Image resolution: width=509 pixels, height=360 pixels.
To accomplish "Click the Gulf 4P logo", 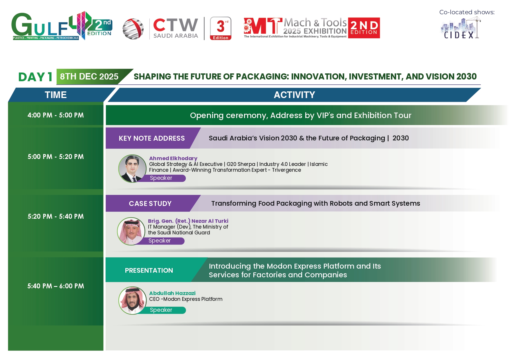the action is [x=62, y=26].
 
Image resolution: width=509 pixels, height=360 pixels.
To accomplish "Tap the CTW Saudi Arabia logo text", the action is [x=176, y=28].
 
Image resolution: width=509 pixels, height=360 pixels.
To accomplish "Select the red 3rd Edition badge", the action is [x=221, y=28].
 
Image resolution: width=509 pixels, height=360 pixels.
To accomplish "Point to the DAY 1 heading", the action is [x=35, y=77].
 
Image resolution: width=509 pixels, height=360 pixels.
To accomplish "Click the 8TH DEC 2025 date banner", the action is [x=89, y=77].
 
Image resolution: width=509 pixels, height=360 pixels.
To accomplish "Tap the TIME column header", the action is [x=56, y=95].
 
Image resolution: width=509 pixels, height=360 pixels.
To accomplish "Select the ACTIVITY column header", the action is [x=294, y=95].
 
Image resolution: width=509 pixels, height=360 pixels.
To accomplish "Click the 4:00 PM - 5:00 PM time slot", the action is [x=56, y=115].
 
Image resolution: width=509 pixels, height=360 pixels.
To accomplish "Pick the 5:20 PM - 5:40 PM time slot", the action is [x=56, y=216].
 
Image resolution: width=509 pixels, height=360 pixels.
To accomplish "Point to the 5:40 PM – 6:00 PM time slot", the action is [x=56, y=286].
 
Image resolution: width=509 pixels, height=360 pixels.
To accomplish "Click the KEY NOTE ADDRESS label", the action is [x=152, y=138].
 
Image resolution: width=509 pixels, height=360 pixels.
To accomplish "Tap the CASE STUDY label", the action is [x=150, y=204].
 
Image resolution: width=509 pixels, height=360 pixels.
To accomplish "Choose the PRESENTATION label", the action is [x=149, y=270].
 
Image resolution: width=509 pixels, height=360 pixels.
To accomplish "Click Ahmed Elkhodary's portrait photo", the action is [x=132, y=169].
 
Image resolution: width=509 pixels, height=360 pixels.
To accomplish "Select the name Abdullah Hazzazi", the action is [x=172, y=293].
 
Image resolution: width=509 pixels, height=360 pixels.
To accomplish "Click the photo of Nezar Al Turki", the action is [x=131, y=231].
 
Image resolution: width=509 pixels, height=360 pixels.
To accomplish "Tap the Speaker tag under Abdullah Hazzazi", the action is [x=161, y=310].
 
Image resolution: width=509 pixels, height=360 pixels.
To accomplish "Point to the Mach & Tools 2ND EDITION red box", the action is [x=364, y=28].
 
